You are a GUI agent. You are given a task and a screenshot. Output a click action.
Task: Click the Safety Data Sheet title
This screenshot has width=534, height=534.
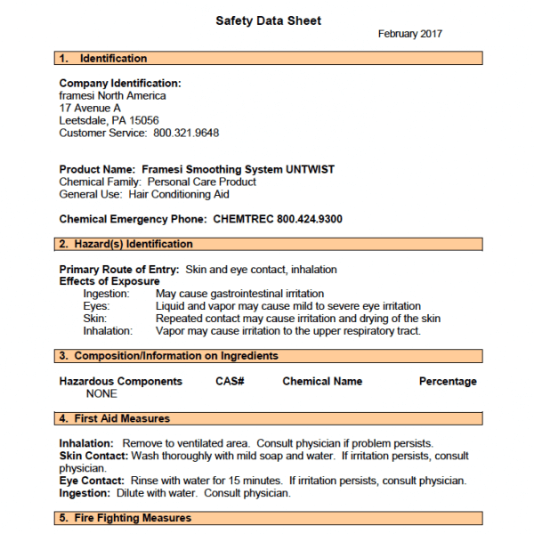pos(268,20)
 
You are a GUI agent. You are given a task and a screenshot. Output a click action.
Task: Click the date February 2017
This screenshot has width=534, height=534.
pos(410,34)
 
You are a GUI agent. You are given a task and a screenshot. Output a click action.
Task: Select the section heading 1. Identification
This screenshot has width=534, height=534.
pos(103,59)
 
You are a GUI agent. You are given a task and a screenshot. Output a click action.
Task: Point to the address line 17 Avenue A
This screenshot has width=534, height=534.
pos(90,109)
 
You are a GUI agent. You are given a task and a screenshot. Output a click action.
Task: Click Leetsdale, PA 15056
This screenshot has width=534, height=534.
pos(109,121)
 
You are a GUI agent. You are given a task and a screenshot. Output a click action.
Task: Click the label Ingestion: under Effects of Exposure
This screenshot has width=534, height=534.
pos(106,294)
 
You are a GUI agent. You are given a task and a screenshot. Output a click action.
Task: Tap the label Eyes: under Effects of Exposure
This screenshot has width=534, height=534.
pos(96,306)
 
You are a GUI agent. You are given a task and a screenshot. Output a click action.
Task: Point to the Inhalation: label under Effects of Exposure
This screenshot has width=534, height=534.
pos(108,331)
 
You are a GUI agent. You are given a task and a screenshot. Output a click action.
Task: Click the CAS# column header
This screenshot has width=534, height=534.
pos(230,381)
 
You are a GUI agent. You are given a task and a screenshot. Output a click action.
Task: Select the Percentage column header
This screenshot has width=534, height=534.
pos(448,381)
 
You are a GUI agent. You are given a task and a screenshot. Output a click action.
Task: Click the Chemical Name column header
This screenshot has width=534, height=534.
pos(322,381)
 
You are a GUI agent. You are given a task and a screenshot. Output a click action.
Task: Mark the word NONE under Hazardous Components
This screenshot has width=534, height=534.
pos(101,393)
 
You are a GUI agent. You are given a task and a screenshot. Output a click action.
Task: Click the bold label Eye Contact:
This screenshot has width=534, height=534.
pos(91,481)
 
